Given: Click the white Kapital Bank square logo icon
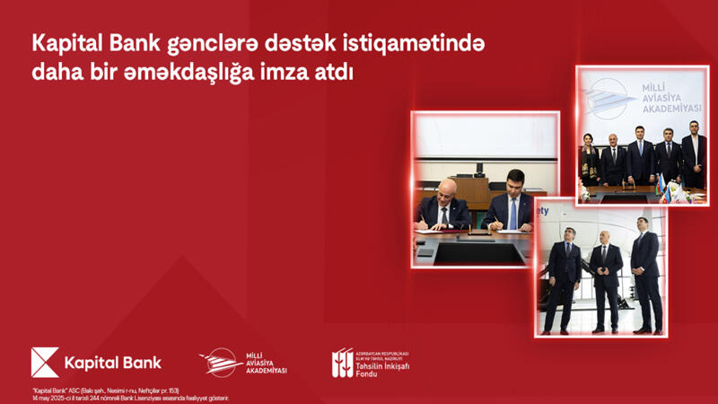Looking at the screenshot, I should tap(44, 363).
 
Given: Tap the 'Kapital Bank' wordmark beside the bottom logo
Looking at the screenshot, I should tap(112, 363).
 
